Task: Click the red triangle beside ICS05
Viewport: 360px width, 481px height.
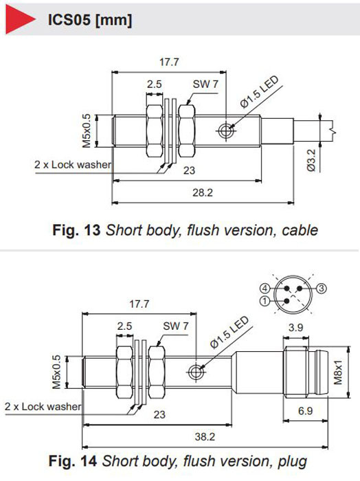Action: pyautogui.click(x=19, y=19)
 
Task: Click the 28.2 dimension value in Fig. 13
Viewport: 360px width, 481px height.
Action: pyautogui.click(x=203, y=192)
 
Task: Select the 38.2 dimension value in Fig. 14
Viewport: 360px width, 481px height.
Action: pyautogui.click(x=205, y=436)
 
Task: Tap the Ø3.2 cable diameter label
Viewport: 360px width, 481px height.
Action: pyautogui.click(x=311, y=160)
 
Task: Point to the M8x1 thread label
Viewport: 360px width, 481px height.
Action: pyautogui.click(x=337, y=372)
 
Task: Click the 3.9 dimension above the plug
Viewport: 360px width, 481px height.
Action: pyautogui.click(x=295, y=327)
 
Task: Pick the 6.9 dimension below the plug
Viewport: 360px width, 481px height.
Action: pyautogui.click(x=306, y=411)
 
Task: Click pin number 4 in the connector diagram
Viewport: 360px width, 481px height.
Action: pyautogui.click(x=265, y=289)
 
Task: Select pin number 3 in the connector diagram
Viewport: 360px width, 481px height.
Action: pyautogui.click(x=322, y=289)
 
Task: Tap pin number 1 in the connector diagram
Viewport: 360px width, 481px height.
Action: pyautogui.click(x=265, y=301)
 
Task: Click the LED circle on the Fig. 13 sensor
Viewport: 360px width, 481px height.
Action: pyautogui.click(x=226, y=131)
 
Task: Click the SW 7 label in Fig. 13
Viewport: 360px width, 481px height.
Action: pyautogui.click(x=205, y=84)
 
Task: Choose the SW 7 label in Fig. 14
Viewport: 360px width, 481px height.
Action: pyautogui.click(x=175, y=326)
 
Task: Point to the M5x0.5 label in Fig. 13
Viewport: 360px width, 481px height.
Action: pyautogui.click(x=87, y=131)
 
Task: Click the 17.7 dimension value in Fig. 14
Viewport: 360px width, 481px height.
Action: pyautogui.click(x=139, y=304)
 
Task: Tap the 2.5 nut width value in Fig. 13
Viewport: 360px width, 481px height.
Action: pyautogui.click(x=155, y=84)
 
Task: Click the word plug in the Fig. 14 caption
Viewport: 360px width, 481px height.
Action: pyautogui.click(x=292, y=462)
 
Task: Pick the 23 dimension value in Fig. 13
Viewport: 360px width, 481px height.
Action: pyautogui.click(x=189, y=170)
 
